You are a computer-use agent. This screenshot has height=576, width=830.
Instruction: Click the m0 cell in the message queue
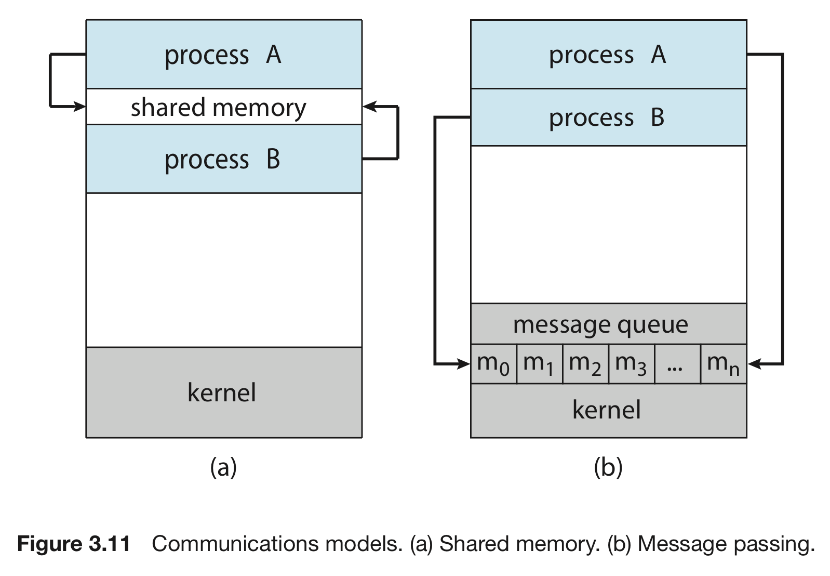pyautogui.click(x=493, y=364)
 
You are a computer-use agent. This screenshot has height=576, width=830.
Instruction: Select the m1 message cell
pyautogui.click(x=540, y=364)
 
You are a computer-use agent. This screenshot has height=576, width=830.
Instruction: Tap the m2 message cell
pyautogui.click(x=585, y=364)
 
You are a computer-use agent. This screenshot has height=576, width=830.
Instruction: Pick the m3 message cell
pyautogui.click(x=632, y=364)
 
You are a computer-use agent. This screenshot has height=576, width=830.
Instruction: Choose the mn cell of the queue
pyautogui.click(x=724, y=364)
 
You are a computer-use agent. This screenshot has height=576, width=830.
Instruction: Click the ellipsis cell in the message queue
pyautogui.click(x=678, y=364)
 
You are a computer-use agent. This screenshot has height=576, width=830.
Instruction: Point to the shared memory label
pyautogui.click(x=219, y=108)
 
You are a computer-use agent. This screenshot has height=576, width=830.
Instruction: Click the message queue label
pyautogui.click(x=600, y=325)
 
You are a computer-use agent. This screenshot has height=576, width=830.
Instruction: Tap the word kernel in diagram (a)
pyautogui.click(x=222, y=392)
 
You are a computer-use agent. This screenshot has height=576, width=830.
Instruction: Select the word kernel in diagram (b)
pyautogui.click(x=607, y=410)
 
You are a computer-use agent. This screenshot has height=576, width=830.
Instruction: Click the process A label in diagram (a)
pyautogui.click(x=223, y=56)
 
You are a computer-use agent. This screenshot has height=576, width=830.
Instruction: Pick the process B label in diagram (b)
pyautogui.click(x=607, y=119)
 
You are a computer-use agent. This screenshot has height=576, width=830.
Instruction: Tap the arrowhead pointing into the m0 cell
pyautogui.click(x=463, y=364)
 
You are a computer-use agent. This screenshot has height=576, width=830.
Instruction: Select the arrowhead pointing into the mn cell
pyautogui.click(x=754, y=364)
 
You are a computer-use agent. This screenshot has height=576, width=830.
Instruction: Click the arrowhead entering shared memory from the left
pyautogui.click(x=79, y=107)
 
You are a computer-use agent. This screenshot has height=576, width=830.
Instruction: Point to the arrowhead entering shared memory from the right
pyautogui.click(x=369, y=107)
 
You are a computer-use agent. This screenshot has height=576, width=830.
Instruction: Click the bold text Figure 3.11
pyautogui.click(x=74, y=544)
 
